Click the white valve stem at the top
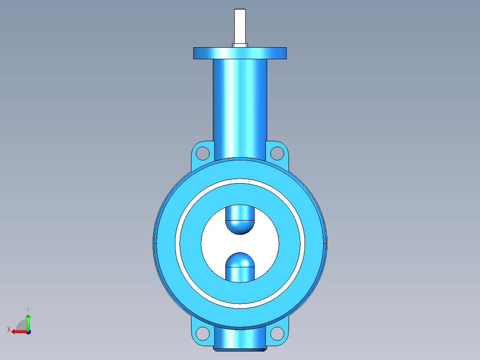(240, 26)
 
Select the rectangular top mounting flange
(240, 53)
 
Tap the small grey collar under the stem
(240, 45)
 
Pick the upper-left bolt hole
(202, 153)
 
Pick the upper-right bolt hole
(277, 153)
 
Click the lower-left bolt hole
(202, 333)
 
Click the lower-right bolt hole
(277, 333)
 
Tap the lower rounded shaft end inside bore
(240, 266)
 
